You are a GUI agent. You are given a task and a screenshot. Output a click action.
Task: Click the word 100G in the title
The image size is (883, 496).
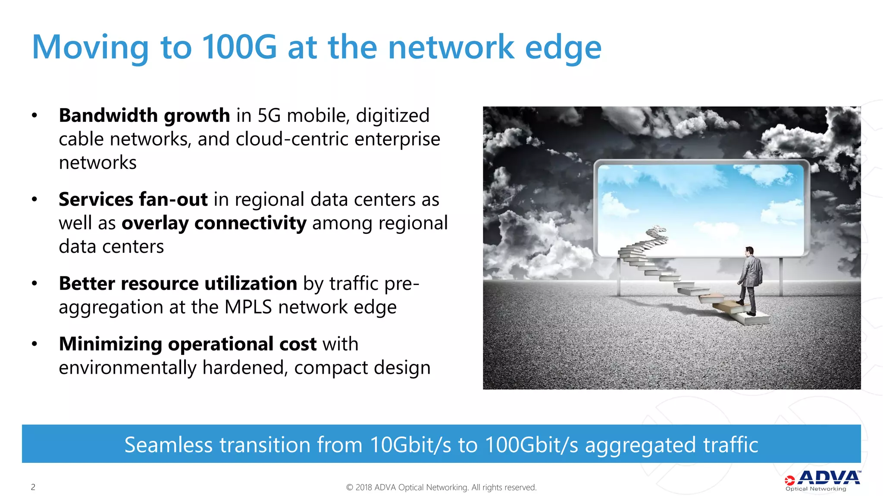pyautogui.click(x=239, y=47)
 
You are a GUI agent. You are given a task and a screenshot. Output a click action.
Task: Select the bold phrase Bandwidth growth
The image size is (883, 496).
pyautogui.click(x=144, y=115)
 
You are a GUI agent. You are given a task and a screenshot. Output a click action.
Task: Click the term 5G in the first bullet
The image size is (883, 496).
pyautogui.click(x=269, y=115)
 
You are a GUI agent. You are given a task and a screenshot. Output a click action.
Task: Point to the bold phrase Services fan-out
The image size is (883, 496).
pyautogui.click(x=133, y=199)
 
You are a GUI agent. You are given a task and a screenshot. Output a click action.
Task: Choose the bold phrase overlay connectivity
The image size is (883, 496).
pyautogui.click(x=214, y=223)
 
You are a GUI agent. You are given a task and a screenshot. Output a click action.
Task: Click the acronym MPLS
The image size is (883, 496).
pyautogui.click(x=248, y=307)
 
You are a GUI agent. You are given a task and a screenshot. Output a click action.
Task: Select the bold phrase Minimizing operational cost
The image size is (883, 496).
pyautogui.click(x=188, y=344)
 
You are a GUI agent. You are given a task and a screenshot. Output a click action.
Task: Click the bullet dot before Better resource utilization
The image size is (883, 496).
pyautogui.click(x=34, y=283)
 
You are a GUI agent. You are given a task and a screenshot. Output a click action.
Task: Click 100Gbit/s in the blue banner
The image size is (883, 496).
pyautogui.click(x=532, y=445)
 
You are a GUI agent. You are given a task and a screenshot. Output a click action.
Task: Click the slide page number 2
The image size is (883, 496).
pyautogui.click(x=33, y=487)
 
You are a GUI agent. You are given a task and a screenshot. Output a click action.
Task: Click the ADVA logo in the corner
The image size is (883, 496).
pyautogui.click(x=822, y=480)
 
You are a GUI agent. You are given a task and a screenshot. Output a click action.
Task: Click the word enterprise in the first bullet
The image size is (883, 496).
pyautogui.click(x=397, y=139)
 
